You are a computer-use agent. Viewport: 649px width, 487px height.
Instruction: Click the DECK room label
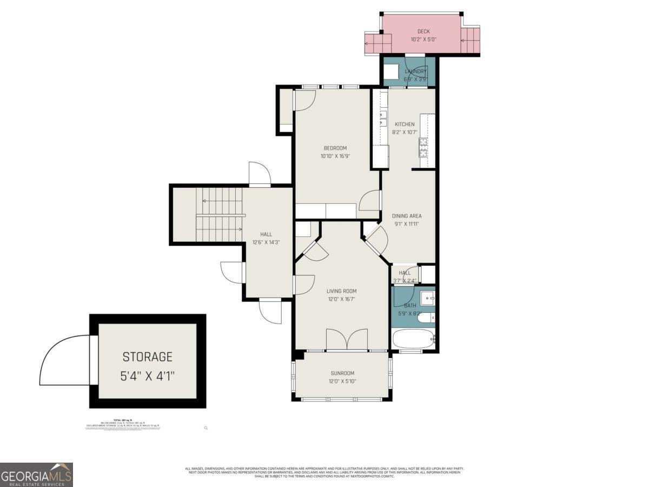(x=423, y=31)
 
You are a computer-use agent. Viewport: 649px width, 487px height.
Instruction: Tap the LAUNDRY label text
(x=416, y=71)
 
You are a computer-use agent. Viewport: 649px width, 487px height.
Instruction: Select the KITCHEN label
(x=405, y=124)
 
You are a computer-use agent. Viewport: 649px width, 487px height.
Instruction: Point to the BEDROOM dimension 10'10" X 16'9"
(x=335, y=156)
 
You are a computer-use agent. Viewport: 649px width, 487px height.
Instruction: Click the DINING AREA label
(x=407, y=216)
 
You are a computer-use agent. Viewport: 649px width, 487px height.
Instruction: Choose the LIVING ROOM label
(x=341, y=291)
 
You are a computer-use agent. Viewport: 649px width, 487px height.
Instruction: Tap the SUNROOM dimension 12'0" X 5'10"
(x=342, y=381)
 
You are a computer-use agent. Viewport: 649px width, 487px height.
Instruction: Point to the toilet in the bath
(x=426, y=317)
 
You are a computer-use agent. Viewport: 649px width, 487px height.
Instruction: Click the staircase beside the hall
(x=218, y=215)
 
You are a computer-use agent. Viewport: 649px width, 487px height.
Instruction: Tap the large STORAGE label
(x=147, y=357)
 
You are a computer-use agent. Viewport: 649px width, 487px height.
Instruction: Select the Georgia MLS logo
(x=36, y=475)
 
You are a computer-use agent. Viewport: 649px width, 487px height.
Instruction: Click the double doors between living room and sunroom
(x=347, y=340)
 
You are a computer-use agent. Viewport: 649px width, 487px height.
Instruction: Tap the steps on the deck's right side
(x=470, y=41)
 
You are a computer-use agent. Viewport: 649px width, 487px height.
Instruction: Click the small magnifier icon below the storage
(x=206, y=428)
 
